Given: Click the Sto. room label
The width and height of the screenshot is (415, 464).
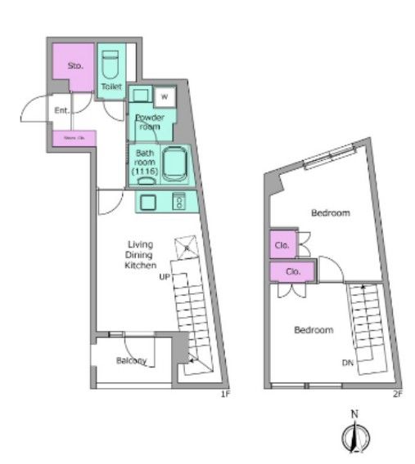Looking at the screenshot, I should click(x=75, y=65).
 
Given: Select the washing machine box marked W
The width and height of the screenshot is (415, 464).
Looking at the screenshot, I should click(x=165, y=97).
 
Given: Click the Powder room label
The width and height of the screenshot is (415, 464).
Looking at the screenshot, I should click(x=151, y=121).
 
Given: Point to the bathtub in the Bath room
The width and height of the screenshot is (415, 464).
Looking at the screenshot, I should click(x=176, y=163).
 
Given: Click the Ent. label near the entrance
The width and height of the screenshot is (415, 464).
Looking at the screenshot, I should click(x=61, y=109).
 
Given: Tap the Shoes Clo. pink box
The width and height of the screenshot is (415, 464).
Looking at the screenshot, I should click(x=74, y=139).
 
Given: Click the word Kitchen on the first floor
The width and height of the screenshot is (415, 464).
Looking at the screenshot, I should click(x=140, y=265).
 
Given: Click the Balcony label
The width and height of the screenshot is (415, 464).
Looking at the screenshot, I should click(x=131, y=361).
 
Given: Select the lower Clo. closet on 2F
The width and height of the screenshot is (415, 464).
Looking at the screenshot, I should click(x=291, y=272).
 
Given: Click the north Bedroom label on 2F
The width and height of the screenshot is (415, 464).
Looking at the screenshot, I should click(x=331, y=213).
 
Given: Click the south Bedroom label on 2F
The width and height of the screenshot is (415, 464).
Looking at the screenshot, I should click(x=314, y=330).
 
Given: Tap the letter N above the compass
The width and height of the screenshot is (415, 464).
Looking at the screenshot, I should click(x=354, y=415).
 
